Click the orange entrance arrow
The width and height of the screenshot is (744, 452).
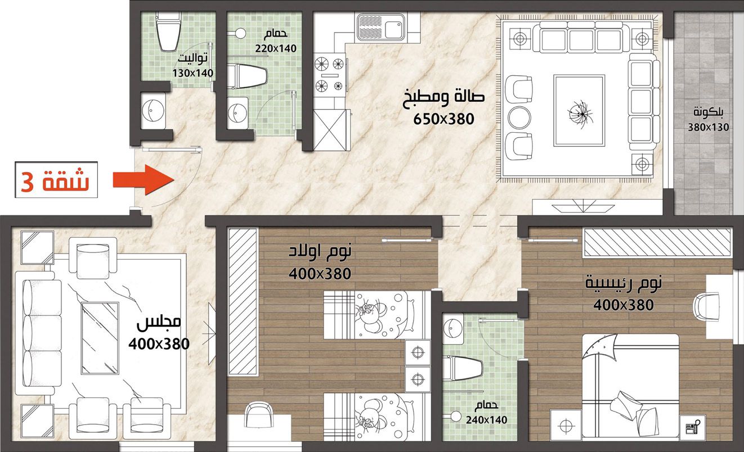point(144,180)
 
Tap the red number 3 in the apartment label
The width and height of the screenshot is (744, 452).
point(27,182)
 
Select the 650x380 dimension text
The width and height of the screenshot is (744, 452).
point(443,119)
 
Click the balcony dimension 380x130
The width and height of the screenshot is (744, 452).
point(708,127)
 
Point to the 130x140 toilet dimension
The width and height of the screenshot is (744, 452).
point(192,73)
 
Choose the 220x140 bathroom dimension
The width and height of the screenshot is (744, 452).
point(276,48)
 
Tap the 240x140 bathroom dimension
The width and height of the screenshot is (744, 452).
point(486,420)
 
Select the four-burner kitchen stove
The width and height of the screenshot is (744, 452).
point(329,75)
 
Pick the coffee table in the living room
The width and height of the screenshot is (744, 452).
point(579,111)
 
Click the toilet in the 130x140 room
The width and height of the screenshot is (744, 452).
point(168,32)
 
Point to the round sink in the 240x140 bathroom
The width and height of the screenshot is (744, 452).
point(452,328)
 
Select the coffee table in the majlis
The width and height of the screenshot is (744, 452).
point(100,338)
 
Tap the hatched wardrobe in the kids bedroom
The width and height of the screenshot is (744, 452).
point(243,301)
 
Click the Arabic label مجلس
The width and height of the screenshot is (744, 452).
point(159,323)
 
